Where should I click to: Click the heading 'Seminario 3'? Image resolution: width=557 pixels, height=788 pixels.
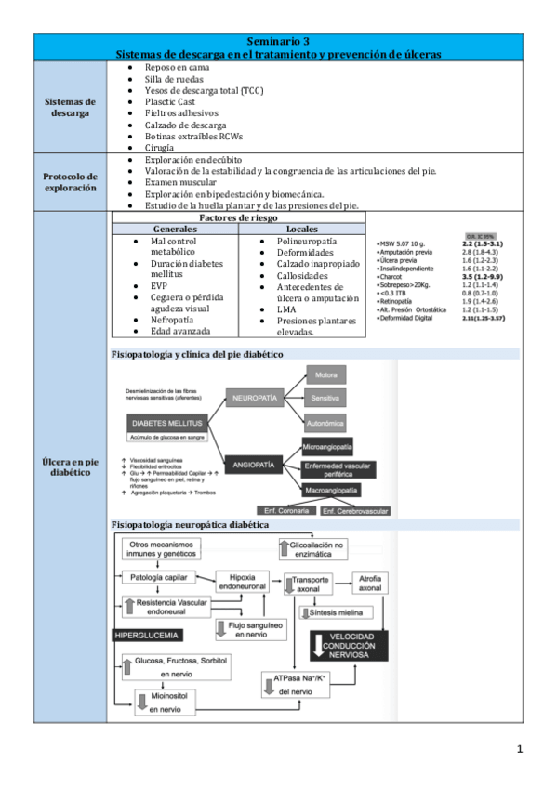click(279, 41)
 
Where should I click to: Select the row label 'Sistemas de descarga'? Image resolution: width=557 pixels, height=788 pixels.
click(71, 107)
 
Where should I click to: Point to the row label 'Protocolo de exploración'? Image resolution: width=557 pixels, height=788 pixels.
click(71, 181)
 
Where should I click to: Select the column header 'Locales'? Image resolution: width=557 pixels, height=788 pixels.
click(303, 229)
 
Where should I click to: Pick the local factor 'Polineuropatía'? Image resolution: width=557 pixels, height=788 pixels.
click(306, 242)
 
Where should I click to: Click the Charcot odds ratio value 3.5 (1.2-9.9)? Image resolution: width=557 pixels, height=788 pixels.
click(482, 276)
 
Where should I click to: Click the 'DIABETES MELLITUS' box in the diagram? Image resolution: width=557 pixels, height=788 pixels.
click(163, 421)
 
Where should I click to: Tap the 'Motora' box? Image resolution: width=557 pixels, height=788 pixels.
click(325, 374)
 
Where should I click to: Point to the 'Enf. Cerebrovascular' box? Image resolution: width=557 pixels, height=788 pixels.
click(355, 510)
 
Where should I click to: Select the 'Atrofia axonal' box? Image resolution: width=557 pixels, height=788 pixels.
click(370, 584)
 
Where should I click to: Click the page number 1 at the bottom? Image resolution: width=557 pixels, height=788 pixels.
click(521, 748)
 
